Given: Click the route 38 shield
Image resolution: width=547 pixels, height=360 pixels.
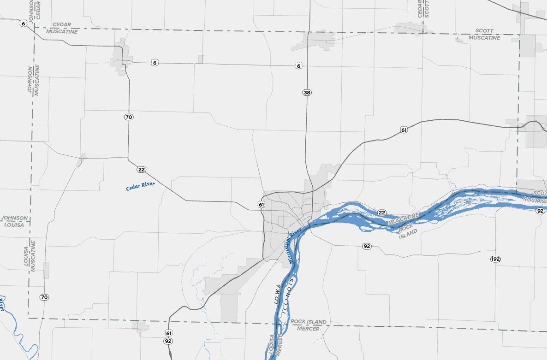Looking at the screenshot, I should tap(307, 93).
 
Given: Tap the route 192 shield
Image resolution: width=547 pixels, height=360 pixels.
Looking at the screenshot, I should tap(495, 260).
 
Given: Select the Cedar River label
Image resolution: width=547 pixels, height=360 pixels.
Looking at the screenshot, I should tap(141, 186).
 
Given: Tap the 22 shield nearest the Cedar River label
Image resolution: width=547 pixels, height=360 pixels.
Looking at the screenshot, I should tap(141, 170).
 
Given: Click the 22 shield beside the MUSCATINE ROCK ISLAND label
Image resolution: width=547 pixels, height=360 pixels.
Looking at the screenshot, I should tap(381, 212).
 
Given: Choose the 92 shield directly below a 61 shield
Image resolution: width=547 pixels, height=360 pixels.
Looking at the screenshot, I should tap(168, 342).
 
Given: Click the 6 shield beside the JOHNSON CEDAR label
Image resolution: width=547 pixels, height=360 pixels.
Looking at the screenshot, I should tap(23, 23).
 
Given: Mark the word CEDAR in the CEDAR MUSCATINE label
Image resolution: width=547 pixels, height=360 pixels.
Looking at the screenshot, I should tap(62, 24).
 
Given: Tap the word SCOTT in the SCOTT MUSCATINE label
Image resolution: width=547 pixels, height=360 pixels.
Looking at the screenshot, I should tap(484, 31).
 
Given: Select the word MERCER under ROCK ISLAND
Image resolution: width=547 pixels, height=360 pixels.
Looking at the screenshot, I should tap(308, 329).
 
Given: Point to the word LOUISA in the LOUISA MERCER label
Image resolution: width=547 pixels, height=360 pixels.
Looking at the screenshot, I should tap(272, 344).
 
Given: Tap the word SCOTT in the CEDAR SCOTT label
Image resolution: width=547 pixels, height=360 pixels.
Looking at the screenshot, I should tap(427, 8).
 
